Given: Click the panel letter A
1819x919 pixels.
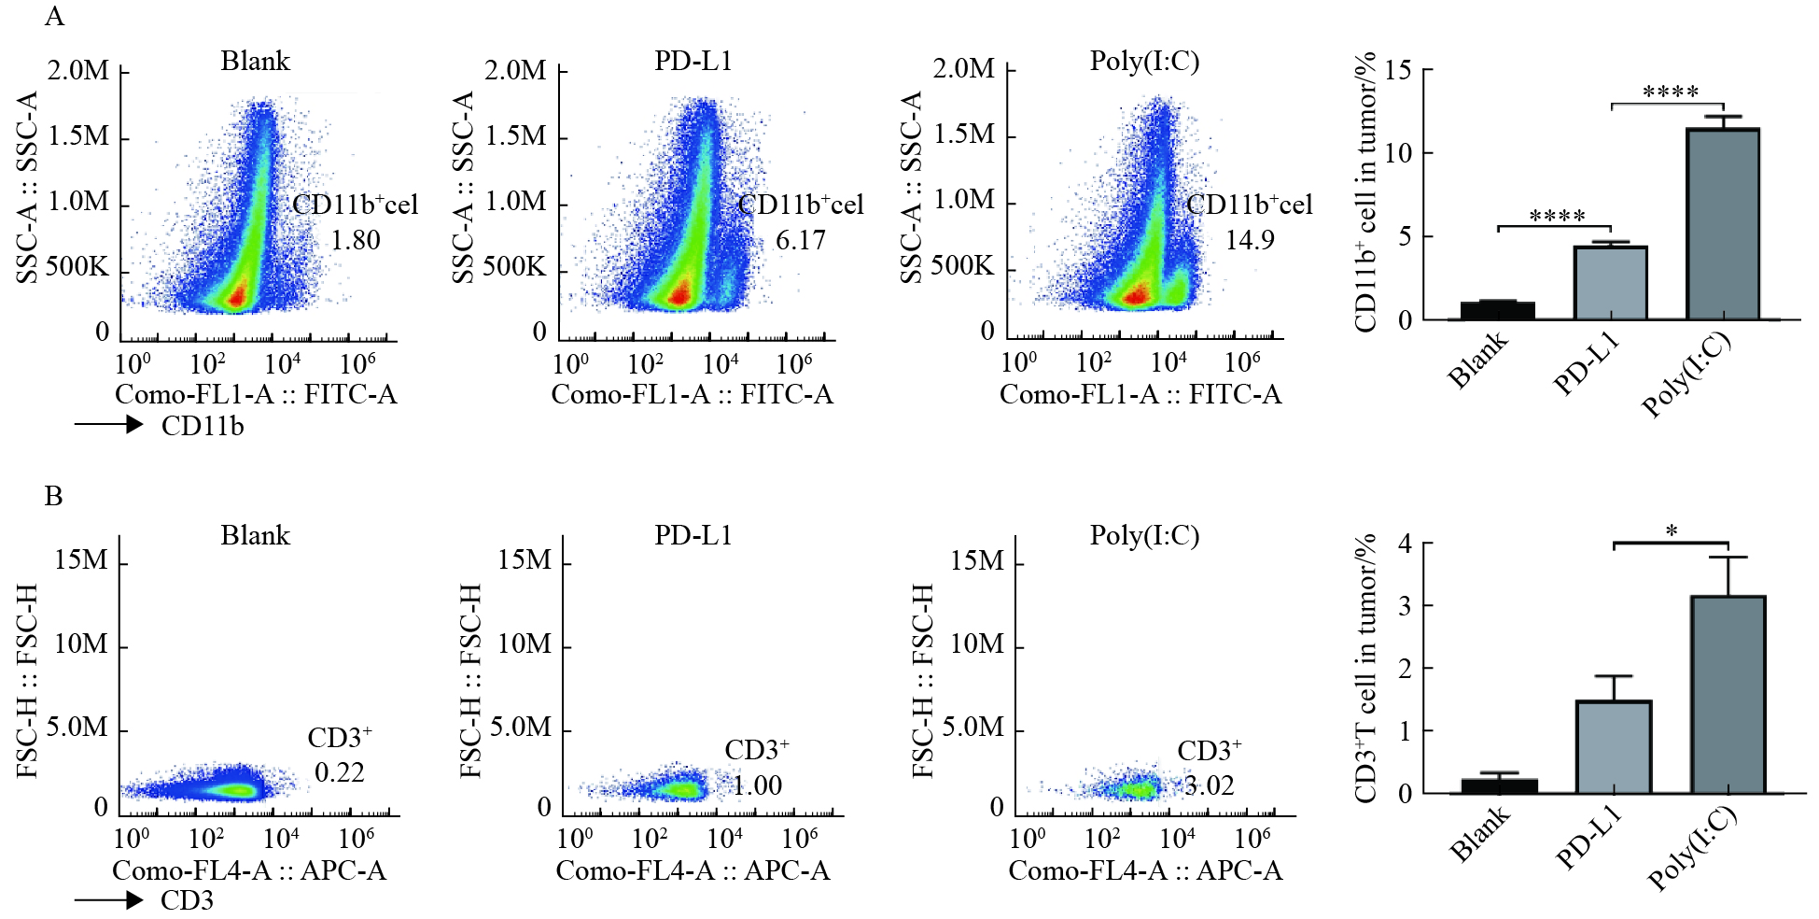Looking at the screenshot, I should click(x=55, y=17).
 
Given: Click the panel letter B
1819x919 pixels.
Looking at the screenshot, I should click(x=54, y=496).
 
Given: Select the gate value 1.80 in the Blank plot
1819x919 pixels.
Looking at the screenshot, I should click(x=356, y=241).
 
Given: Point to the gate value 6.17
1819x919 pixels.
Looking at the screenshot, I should click(x=801, y=241).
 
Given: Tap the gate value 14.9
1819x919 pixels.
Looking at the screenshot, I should click(x=1250, y=241).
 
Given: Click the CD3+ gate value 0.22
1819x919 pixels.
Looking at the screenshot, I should click(x=340, y=773).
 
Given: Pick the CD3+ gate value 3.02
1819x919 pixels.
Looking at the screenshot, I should click(x=1210, y=786).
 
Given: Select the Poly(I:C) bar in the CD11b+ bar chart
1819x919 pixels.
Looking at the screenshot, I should click(x=1723, y=224).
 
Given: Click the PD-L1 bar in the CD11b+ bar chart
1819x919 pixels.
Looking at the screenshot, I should click(x=1610, y=283).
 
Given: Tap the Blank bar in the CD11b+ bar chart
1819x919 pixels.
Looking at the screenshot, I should click(x=1497, y=310).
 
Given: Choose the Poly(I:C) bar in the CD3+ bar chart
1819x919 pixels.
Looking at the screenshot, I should click(x=1728, y=695).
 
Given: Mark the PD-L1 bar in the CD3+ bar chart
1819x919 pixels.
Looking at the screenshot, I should click(x=1614, y=747).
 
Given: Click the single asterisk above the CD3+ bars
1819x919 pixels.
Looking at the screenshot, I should click(x=1672, y=530).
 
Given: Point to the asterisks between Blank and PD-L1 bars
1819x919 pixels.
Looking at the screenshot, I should click(x=1557, y=217).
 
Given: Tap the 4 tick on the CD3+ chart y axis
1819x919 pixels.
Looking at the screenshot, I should click(x=1405, y=543).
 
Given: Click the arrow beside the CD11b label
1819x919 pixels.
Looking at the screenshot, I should click(x=108, y=426).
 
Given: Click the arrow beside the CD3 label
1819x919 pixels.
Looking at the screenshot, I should click(x=108, y=900).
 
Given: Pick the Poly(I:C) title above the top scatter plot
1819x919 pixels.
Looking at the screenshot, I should click(x=1144, y=62).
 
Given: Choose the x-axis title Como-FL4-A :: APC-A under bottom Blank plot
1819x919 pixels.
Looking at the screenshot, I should click(x=249, y=870).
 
